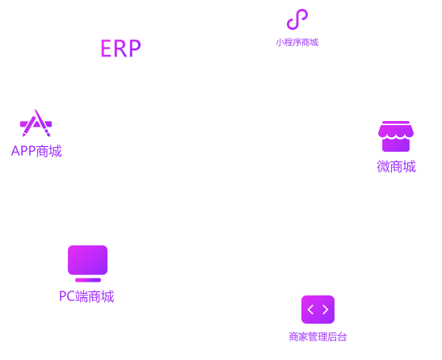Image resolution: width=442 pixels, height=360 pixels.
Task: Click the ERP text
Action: click(121, 48)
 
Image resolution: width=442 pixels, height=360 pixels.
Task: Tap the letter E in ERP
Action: click(106, 48)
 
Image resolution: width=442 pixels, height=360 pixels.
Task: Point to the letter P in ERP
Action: click(135, 48)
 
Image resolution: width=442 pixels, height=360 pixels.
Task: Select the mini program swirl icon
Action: click(297, 19)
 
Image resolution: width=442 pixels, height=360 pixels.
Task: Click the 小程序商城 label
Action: click(297, 43)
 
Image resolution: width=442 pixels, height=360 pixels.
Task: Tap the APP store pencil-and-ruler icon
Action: click(36, 123)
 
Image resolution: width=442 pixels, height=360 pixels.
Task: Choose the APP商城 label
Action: click(36, 151)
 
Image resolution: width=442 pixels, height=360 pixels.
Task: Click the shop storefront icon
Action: click(396, 136)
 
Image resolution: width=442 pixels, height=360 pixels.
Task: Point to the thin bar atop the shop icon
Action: click(396, 122)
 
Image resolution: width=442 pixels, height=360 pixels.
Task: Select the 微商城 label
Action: click(396, 166)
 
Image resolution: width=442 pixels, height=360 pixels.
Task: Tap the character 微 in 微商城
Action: click(383, 166)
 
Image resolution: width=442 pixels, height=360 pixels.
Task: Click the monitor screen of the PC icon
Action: click(87, 260)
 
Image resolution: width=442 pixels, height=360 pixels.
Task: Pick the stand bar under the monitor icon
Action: click(88, 280)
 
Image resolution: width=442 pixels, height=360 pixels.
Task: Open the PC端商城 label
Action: click(86, 296)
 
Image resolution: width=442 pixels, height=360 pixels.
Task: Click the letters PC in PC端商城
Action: click(67, 296)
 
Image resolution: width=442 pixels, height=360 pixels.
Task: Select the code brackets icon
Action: click(318, 310)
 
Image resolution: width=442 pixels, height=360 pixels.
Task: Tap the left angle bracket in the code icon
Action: click(310, 310)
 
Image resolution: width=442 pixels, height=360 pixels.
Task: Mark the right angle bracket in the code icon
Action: click(326, 310)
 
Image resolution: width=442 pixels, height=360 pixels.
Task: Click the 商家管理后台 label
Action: click(318, 337)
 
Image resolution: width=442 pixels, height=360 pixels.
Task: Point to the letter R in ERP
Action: click(120, 48)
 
